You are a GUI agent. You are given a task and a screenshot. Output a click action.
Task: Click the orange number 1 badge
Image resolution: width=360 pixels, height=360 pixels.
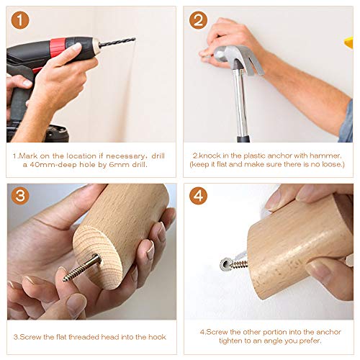coord(20,20)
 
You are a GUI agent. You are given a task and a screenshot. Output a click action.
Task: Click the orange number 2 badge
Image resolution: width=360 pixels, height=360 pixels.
coord(198,20)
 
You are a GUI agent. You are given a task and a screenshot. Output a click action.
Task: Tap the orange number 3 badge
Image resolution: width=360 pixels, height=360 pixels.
coord(20,196)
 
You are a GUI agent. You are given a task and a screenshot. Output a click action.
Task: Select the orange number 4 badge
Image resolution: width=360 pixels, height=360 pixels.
coord(198,196)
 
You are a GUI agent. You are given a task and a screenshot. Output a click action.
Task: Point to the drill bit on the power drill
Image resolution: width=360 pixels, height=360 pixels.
coord(117,42)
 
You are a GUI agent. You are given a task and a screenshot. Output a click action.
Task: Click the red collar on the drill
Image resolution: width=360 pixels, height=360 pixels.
coord(57,48)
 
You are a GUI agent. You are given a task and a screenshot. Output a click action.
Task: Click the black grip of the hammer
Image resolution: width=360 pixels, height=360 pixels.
coord(243,139)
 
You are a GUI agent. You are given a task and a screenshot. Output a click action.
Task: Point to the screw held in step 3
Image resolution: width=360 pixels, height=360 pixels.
coord(82,267)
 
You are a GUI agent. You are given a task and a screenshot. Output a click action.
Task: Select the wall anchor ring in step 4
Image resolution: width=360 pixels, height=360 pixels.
coord(225,264)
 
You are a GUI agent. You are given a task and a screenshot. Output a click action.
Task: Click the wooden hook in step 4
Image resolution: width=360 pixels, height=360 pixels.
coord(297,247)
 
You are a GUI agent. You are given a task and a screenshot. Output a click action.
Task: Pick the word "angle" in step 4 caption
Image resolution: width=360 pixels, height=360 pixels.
coord(274,341)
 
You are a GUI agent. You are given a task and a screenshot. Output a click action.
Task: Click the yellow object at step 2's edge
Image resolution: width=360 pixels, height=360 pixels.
coord(348,42)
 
